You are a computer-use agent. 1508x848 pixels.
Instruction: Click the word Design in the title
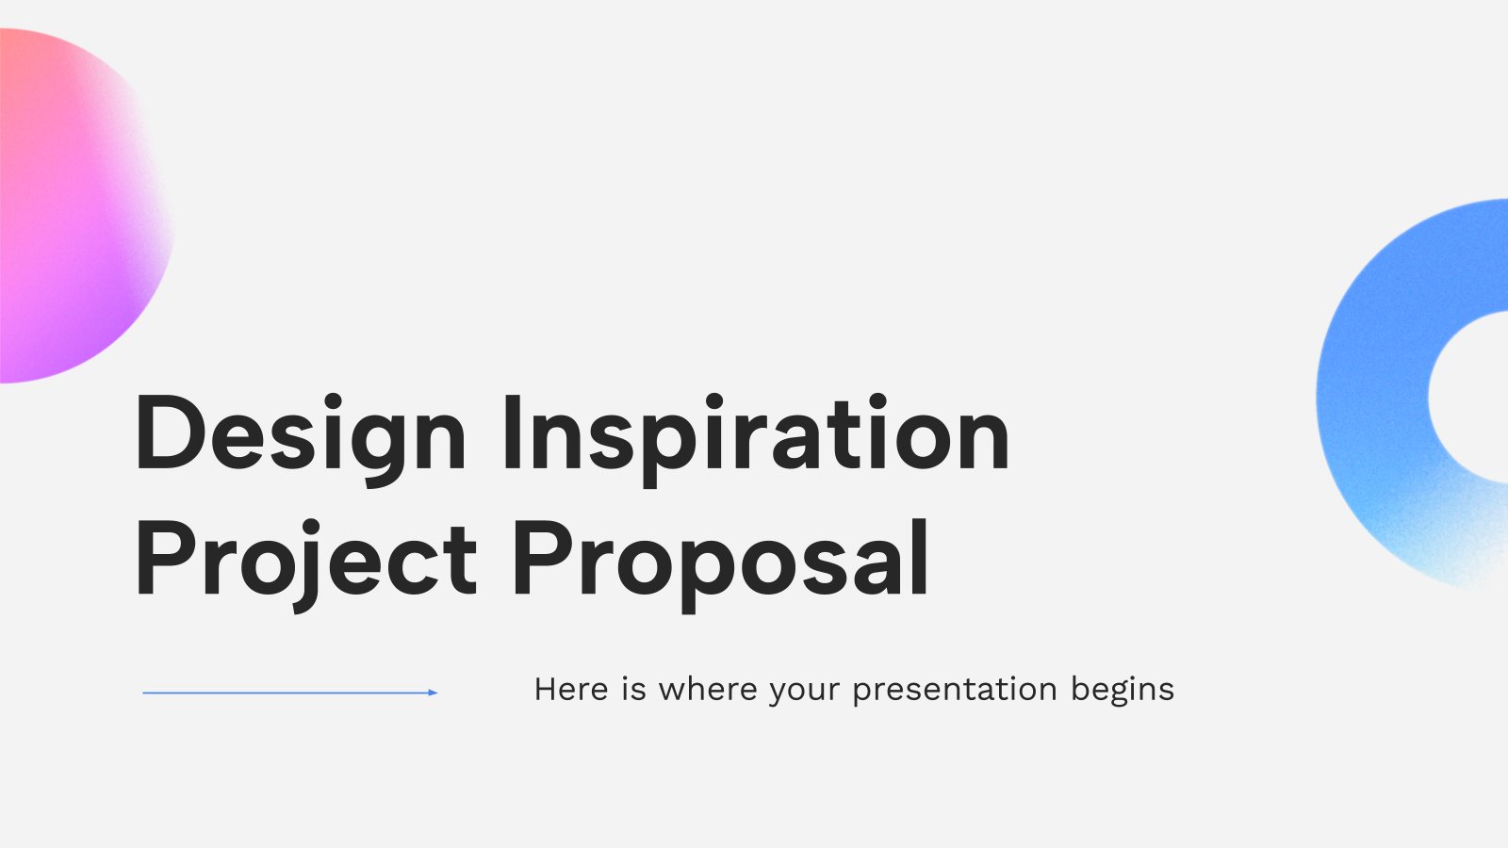(301, 439)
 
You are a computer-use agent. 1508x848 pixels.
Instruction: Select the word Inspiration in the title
(757, 439)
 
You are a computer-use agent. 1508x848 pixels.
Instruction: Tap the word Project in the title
(306, 564)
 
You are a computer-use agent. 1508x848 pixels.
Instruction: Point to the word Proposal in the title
(721, 564)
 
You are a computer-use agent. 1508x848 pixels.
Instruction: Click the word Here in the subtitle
(571, 689)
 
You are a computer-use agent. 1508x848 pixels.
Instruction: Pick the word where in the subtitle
(708, 689)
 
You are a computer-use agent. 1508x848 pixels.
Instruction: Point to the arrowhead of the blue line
(434, 693)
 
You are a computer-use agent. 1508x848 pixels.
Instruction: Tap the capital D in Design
(170, 432)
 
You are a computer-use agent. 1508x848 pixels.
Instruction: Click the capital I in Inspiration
(513, 432)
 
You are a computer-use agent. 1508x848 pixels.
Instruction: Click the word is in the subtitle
(633, 689)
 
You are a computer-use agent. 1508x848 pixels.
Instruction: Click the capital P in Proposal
(543, 559)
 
